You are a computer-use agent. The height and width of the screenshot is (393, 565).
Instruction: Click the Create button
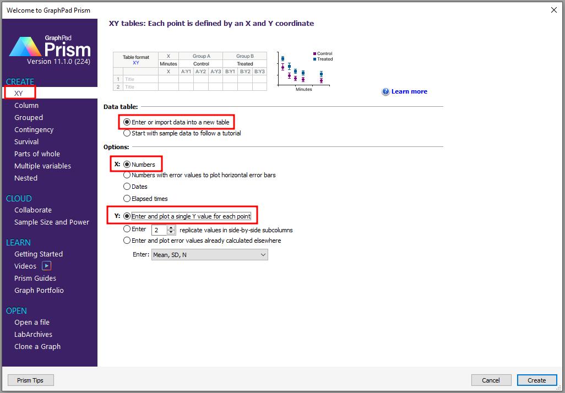click(536, 380)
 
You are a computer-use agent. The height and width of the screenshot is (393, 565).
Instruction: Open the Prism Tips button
click(31, 380)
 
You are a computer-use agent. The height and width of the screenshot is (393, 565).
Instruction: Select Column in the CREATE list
click(26, 105)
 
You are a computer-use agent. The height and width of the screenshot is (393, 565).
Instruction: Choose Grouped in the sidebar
click(29, 117)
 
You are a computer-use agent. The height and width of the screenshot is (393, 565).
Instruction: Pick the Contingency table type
click(34, 130)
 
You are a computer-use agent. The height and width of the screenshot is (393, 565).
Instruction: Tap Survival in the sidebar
click(26, 141)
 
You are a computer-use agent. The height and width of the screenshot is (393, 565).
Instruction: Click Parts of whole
click(37, 154)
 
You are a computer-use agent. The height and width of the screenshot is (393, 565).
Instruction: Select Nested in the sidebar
click(26, 178)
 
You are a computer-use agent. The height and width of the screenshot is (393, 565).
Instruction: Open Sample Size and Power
click(52, 222)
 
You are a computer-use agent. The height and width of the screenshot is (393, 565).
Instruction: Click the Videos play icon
click(46, 266)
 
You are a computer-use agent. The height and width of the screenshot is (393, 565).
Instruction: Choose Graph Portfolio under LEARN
click(39, 290)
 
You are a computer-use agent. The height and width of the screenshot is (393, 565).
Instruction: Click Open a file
click(32, 322)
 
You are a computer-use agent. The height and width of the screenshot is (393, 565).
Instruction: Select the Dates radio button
click(127, 187)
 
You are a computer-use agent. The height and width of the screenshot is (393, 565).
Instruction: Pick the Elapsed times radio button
click(127, 199)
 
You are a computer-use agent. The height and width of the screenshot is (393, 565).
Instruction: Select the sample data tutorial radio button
click(127, 133)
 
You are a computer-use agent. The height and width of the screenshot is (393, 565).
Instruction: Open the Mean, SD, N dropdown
click(209, 255)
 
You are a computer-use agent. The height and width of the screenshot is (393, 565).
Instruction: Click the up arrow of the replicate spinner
click(171, 227)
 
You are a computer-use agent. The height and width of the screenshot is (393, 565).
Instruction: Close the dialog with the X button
click(554, 10)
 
